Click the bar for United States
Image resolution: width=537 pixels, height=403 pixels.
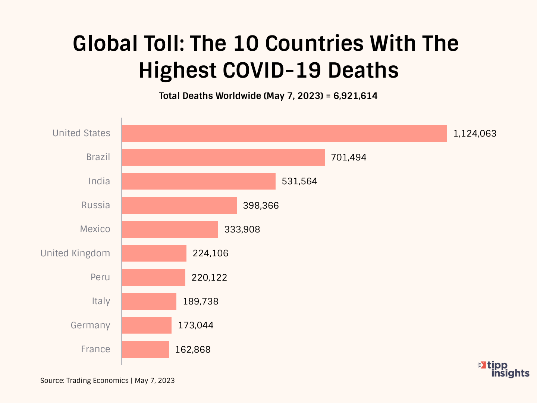tap(284, 133)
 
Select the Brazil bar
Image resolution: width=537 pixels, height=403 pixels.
tap(223, 157)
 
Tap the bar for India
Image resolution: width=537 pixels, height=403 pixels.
tap(198, 181)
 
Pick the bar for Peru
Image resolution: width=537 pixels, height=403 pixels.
tap(153, 277)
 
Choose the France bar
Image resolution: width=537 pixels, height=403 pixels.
tap(145, 349)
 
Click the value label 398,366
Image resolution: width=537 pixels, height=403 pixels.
tap(261, 206)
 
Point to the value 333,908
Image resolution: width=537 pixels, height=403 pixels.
tap(242, 229)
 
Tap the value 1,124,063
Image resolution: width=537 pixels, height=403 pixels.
tap(475, 134)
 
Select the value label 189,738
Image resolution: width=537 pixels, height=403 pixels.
tap(201, 302)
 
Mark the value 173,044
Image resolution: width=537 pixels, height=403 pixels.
tap(196, 325)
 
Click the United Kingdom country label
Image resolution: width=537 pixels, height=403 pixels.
tap(75, 253)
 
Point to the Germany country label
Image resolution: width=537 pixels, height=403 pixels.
tap(91, 325)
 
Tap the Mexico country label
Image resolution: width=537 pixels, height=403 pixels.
tap(95, 229)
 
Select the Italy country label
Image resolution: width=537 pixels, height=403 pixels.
tap(101, 301)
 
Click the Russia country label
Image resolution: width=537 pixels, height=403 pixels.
tap(96, 205)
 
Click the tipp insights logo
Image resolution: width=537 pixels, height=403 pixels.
tap(504, 369)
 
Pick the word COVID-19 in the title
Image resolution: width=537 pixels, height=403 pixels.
tap(272, 70)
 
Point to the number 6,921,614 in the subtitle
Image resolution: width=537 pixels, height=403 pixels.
tap(355, 96)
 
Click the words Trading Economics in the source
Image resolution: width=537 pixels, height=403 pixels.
tap(97, 381)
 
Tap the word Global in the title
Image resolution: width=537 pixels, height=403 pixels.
tap(105, 43)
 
